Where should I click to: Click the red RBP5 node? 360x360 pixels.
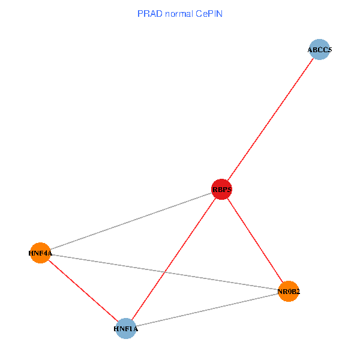click(221, 190)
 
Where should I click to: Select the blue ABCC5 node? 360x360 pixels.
click(319, 50)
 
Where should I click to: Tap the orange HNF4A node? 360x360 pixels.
click(40, 253)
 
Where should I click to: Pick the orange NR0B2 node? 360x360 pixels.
click(289, 292)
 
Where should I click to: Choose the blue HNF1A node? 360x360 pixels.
click(126, 329)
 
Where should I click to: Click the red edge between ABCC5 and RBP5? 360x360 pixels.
click(270, 120)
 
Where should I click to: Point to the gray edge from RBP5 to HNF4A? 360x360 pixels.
click(131, 221)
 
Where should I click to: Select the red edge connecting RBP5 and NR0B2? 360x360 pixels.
click(255, 241)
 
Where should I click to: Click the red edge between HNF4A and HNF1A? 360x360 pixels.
click(83, 291)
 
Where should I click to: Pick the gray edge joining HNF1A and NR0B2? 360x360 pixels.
click(207, 310)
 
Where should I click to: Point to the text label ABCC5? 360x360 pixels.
click(319, 50)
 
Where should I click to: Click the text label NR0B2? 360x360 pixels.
click(289, 292)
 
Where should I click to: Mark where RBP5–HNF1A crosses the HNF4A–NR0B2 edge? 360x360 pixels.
click(164, 272)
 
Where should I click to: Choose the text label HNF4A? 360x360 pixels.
click(40, 253)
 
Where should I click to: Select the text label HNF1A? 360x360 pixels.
click(126, 329)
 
